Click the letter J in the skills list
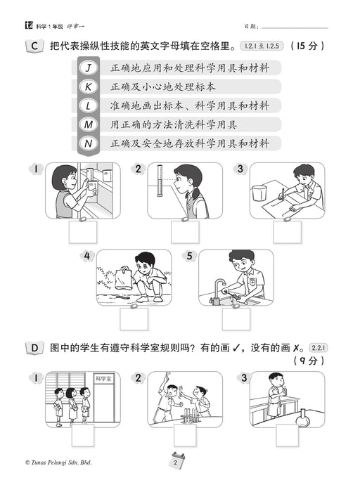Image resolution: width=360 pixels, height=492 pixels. (89, 67)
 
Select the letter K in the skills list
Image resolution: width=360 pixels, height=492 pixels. (89, 86)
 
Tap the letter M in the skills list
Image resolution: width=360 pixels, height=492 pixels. (89, 124)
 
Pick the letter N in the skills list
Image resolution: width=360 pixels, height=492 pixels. (89, 143)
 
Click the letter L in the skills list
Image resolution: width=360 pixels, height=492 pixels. (89, 105)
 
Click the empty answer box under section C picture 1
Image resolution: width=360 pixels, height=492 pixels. (83, 232)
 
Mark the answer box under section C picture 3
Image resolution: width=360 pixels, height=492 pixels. (287, 232)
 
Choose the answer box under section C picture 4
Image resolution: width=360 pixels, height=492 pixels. (134, 319)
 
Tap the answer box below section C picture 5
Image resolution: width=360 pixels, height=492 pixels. (236, 319)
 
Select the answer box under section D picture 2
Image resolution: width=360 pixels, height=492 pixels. (185, 436)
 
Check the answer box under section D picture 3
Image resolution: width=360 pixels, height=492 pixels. (287, 436)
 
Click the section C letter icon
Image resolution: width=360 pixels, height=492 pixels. (34, 46)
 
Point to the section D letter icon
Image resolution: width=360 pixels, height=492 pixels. (34, 348)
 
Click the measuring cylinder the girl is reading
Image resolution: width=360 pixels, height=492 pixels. (160, 181)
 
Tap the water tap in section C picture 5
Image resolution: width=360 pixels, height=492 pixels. (219, 291)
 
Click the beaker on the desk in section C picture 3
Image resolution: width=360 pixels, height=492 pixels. (259, 193)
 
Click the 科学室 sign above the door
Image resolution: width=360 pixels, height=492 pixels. (103, 379)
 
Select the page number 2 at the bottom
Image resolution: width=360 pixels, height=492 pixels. (176, 462)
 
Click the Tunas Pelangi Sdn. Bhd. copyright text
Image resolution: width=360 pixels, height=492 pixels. (58, 462)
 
